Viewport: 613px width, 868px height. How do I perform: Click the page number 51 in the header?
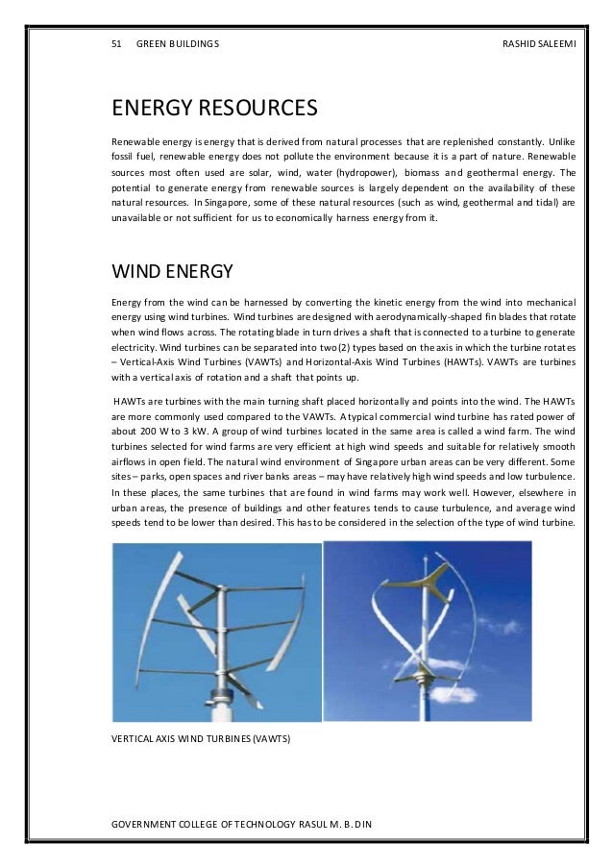pyautogui.click(x=118, y=44)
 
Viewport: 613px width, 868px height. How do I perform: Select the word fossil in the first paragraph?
pyautogui.click(x=125, y=153)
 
